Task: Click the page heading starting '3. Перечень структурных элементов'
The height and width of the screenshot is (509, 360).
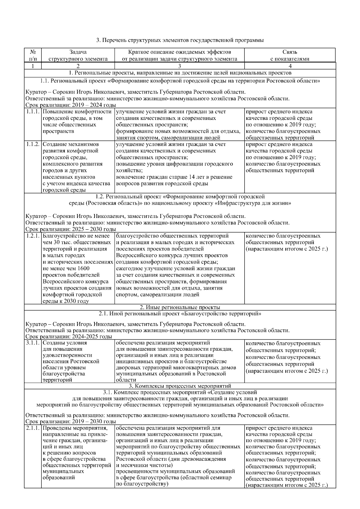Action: point(180,40)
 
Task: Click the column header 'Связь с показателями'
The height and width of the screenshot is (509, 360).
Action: point(289,55)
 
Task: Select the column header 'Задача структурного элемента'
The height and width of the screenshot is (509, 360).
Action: point(78,55)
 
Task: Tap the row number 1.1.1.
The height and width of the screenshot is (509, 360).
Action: point(33,112)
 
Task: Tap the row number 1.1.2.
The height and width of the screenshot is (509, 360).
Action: point(33,144)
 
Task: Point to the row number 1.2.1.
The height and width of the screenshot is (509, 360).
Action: point(33,236)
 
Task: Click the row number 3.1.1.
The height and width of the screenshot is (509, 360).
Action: point(33,343)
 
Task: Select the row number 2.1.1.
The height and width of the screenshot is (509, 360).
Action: point(33,428)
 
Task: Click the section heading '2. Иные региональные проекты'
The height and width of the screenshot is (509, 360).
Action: point(180,307)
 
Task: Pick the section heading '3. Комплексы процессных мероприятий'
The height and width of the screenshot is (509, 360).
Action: point(180,386)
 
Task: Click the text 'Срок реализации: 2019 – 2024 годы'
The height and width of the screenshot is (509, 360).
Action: point(71,105)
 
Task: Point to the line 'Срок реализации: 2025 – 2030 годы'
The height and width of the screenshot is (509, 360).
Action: point(71,229)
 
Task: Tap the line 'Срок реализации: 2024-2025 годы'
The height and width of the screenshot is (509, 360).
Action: point(69,336)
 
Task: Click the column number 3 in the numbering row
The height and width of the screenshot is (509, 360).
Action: point(179,66)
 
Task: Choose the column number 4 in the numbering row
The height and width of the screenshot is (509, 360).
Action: point(290,66)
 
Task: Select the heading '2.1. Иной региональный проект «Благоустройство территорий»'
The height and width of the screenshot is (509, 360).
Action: point(180,314)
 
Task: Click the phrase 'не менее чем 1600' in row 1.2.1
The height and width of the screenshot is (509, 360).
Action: point(66,268)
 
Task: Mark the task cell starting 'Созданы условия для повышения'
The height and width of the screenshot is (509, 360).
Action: point(72,361)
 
